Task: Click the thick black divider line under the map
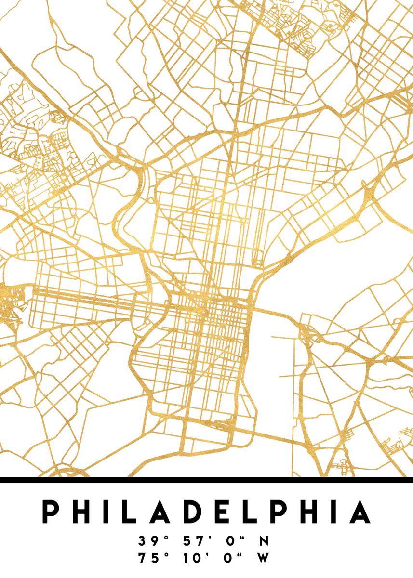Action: point(206,480)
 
